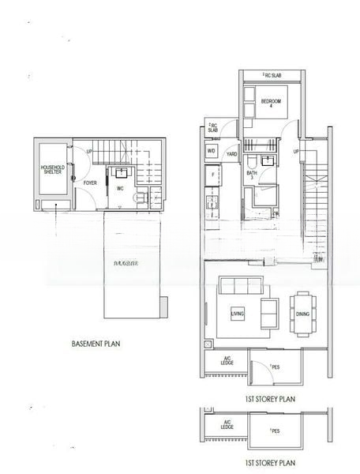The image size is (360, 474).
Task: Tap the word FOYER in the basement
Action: (x=90, y=183)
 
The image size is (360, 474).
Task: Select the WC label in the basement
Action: (x=122, y=189)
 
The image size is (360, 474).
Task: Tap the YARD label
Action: (x=232, y=153)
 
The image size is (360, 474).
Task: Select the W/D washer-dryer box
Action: (x=212, y=150)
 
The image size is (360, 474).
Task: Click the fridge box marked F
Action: (x=212, y=174)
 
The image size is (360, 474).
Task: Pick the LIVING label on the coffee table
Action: (x=238, y=314)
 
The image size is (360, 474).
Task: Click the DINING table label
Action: (x=302, y=314)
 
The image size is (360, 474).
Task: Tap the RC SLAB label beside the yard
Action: (x=213, y=127)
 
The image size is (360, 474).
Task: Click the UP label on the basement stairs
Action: (x=89, y=152)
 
